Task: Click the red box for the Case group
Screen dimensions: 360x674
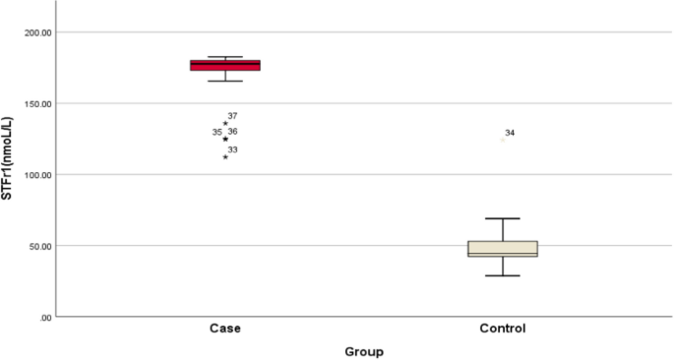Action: tap(225, 65)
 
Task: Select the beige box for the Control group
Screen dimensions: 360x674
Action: tap(503, 248)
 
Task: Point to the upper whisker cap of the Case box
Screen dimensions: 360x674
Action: tap(225, 57)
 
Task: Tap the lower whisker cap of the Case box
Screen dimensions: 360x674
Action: tap(225, 81)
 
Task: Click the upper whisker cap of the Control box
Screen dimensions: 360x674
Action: tap(503, 218)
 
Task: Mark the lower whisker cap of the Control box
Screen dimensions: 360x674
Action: tap(503, 275)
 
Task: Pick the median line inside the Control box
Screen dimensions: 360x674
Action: tap(503, 253)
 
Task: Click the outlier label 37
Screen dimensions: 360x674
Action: tap(232, 116)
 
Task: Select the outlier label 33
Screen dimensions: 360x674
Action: tap(232, 150)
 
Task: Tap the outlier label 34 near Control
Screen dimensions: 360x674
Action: tap(510, 133)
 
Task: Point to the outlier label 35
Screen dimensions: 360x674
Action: tap(216, 132)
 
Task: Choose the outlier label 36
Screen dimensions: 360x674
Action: tap(232, 132)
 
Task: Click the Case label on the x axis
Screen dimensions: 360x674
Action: tap(225, 328)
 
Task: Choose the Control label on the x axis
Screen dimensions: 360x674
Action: tap(503, 328)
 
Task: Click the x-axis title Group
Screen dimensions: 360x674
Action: tap(364, 351)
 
